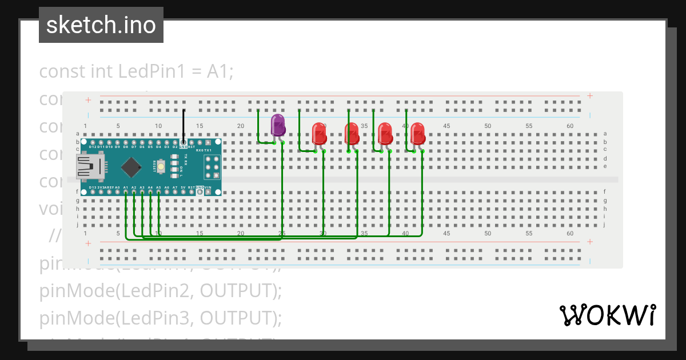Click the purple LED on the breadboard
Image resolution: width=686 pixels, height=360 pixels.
coord(278,125)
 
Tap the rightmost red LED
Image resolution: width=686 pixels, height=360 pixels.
coord(418,133)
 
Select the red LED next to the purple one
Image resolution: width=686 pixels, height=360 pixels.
coord(319,134)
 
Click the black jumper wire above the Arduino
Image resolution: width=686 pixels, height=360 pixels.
coord(184,125)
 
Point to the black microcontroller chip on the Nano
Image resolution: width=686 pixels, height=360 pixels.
coord(131,167)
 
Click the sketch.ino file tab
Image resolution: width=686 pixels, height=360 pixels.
coord(101,25)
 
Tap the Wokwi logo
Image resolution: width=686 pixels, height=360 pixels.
coord(607,315)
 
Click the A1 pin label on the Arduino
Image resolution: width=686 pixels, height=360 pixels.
coord(125,187)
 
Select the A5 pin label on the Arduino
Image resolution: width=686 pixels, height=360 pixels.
coord(158,187)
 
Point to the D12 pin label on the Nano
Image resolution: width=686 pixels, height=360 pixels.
coord(93,147)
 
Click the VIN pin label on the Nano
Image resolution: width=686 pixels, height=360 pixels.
coord(208,187)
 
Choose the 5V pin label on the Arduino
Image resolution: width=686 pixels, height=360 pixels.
coord(183,187)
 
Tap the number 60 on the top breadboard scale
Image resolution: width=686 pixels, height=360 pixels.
coord(569,126)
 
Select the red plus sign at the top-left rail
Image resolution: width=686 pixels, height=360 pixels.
coord(88,100)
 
